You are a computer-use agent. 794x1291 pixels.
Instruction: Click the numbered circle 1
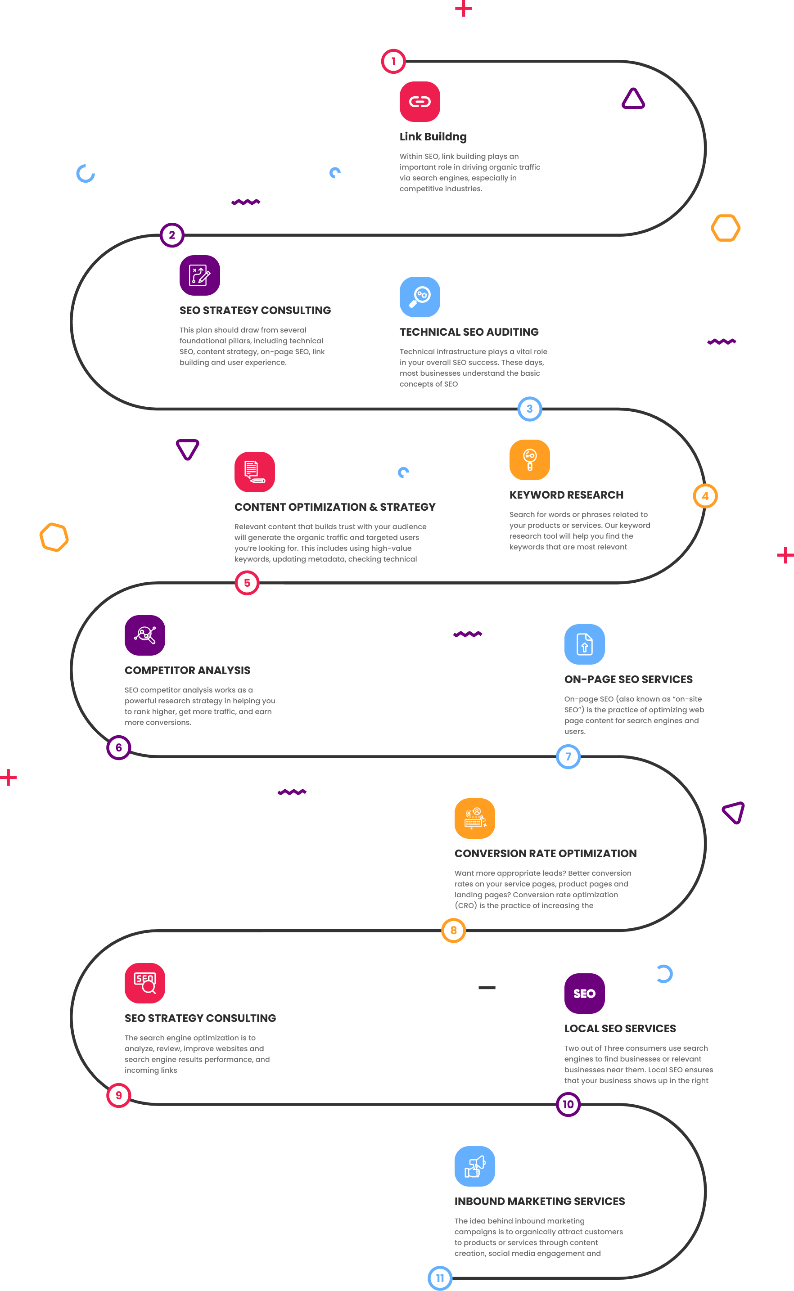(393, 62)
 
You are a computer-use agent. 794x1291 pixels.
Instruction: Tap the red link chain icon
(420, 101)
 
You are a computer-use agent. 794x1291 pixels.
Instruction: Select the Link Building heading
(433, 136)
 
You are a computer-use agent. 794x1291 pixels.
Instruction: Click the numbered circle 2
(172, 235)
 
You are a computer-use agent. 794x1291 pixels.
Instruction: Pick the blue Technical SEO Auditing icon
(420, 297)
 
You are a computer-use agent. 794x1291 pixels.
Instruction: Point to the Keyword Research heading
(566, 495)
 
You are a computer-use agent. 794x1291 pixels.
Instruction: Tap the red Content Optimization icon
(255, 472)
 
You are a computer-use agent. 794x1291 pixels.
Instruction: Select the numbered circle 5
(247, 583)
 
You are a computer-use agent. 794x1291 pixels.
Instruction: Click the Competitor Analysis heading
(187, 670)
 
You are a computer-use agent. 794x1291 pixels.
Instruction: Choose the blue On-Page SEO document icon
(584, 644)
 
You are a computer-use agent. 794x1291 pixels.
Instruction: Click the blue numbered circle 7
(568, 756)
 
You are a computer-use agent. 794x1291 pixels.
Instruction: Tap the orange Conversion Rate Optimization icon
(475, 819)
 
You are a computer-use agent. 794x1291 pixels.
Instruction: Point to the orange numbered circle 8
(453, 930)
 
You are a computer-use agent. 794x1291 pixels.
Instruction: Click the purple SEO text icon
(584, 993)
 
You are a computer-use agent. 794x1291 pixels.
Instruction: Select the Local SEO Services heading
(620, 1029)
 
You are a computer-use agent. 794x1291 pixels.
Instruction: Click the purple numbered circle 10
(568, 1104)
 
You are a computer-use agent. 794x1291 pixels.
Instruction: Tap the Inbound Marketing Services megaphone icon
(475, 1166)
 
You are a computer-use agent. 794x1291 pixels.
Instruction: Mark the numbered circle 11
(440, 1278)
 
